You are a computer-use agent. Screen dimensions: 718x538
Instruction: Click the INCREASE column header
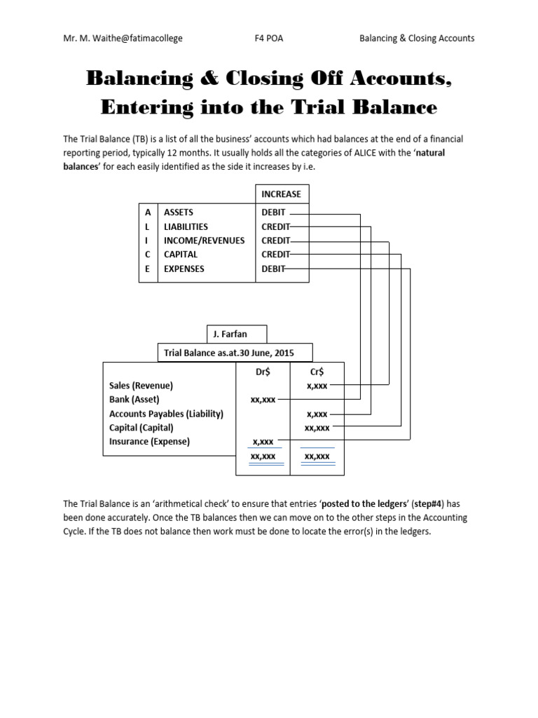click(x=282, y=194)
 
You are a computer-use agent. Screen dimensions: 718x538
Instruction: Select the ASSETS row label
click(x=179, y=212)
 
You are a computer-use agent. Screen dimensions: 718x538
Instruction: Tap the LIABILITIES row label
click(x=186, y=226)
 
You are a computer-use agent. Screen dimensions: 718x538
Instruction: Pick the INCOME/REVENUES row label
click(x=204, y=241)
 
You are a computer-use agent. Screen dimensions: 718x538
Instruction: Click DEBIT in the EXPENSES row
click(x=274, y=269)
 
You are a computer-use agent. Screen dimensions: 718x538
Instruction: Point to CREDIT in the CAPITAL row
click(x=275, y=255)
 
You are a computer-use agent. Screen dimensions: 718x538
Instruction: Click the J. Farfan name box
click(x=236, y=334)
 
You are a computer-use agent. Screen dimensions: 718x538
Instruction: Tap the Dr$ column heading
click(x=263, y=372)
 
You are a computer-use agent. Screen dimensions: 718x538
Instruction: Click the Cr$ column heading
click(x=317, y=372)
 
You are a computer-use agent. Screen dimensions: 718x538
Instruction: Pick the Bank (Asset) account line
click(x=134, y=400)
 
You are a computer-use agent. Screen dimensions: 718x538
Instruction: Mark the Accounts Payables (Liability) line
click(x=166, y=414)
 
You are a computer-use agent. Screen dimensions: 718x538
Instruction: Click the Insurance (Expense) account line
click(x=149, y=442)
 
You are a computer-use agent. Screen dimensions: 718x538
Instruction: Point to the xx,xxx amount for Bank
click(x=263, y=400)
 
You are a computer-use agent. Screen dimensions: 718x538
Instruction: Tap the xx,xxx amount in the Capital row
click(x=317, y=428)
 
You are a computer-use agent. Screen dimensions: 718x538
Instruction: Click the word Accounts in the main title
click(x=397, y=79)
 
